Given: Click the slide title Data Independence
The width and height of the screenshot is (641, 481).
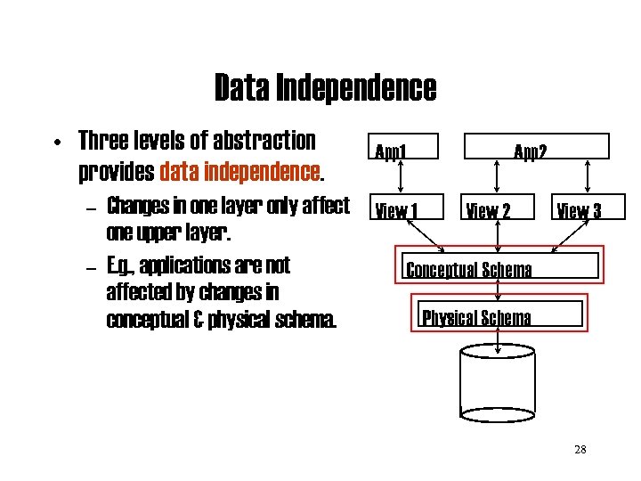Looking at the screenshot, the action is pyautogui.click(x=325, y=88).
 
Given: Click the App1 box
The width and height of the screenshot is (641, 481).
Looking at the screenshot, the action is pyautogui.click(x=392, y=147).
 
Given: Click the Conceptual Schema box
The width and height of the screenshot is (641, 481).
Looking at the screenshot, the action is pyautogui.click(x=499, y=267).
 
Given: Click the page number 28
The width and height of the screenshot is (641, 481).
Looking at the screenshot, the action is pyautogui.click(x=580, y=449).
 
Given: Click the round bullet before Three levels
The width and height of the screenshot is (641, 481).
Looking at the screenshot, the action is pyautogui.click(x=55, y=143).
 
